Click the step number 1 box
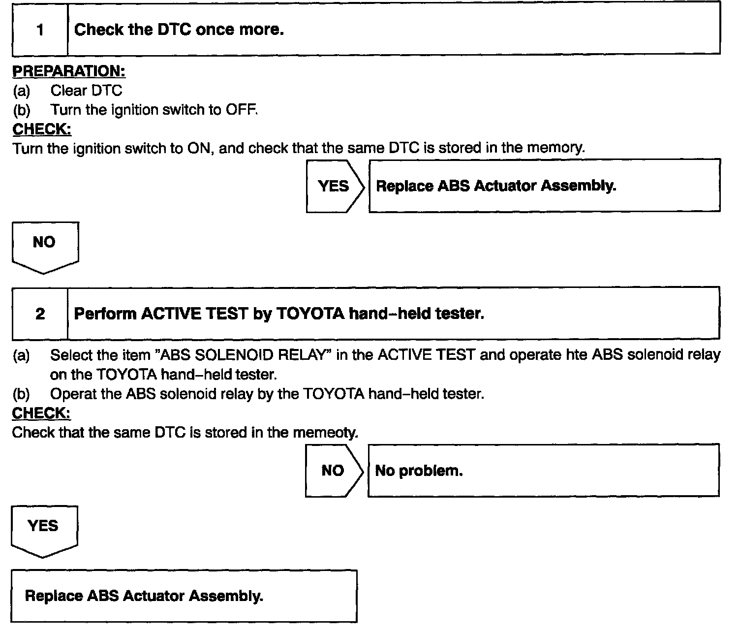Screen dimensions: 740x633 pyautogui.click(x=40, y=30)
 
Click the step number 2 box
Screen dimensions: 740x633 pyautogui.click(x=40, y=314)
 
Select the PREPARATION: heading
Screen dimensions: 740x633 pyautogui.click(x=69, y=71)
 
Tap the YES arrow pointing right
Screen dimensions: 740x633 pyautogui.click(x=335, y=186)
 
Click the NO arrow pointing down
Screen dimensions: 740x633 pyautogui.click(x=44, y=246)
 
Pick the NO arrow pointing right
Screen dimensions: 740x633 pyautogui.click(x=333, y=471)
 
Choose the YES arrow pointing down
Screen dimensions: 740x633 pyautogui.click(x=43, y=530)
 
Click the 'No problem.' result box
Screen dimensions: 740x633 pyautogui.click(x=543, y=471)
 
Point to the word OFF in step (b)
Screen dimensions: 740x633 pyautogui.click(x=241, y=110)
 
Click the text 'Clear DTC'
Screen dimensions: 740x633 pyautogui.click(x=86, y=91)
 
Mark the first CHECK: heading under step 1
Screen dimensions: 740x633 pyautogui.click(x=42, y=129)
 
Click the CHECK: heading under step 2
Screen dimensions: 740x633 pyautogui.click(x=41, y=413)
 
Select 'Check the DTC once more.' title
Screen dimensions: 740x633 pyautogui.click(x=179, y=30)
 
